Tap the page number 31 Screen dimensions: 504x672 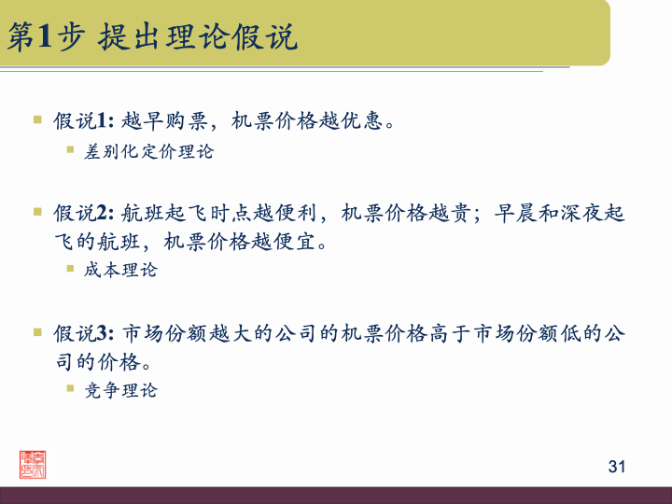click(615, 467)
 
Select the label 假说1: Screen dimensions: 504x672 click(84, 121)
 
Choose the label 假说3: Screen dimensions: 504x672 click(84, 333)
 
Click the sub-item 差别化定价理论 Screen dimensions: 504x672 click(149, 151)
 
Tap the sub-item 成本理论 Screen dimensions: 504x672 click(121, 270)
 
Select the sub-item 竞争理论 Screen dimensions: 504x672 click(121, 390)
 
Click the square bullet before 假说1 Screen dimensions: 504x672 click(38, 120)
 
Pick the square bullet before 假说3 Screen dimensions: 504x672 click(38, 332)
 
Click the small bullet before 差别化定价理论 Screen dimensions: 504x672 click(70, 149)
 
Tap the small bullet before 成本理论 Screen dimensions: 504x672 click(70, 269)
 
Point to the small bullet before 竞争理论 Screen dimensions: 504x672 click(70, 389)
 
